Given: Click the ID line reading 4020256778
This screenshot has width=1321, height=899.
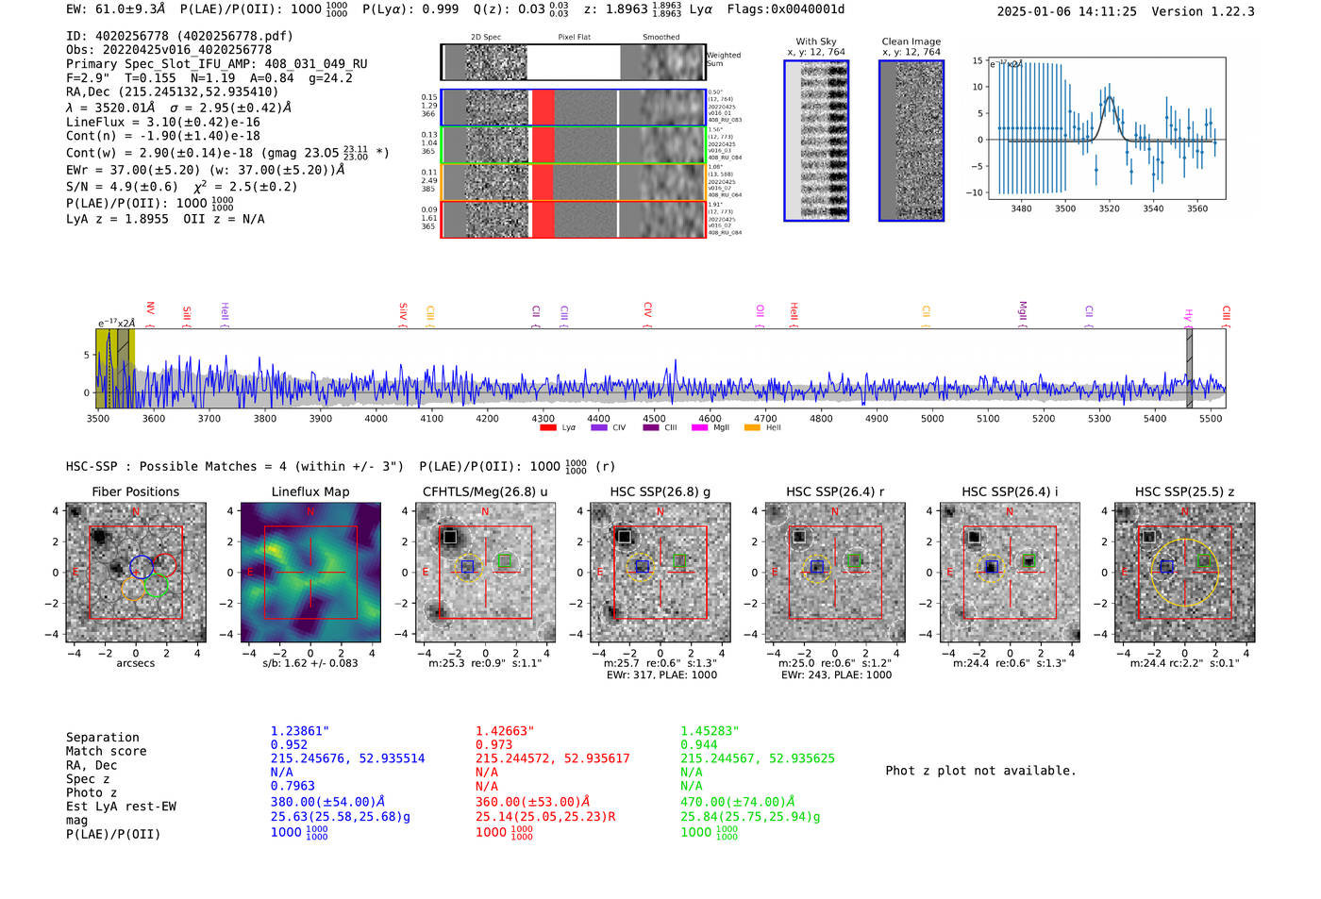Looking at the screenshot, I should [x=179, y=36].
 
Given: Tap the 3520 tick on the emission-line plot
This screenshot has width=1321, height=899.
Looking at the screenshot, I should [x=1109, y=208].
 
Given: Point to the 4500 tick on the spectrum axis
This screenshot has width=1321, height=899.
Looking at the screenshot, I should [x=654, y=418].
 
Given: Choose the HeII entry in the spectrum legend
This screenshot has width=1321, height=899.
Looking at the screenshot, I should [x=773, y=427].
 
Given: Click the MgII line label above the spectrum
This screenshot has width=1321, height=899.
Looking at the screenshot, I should [x=1022, y=310].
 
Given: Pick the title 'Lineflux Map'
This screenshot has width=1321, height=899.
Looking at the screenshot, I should [x=309, y=491].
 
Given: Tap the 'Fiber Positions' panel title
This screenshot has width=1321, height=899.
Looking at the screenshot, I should [x=135, y=491].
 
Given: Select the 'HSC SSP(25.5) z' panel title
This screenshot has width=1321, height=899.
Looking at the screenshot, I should [x=1184, y=491].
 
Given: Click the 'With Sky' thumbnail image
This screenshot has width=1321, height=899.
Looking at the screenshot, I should [x=816, y=141].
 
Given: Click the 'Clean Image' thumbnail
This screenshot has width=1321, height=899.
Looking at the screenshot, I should [x=911, y=141].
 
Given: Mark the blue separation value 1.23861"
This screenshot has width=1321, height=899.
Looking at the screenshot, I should [x=300, y=731].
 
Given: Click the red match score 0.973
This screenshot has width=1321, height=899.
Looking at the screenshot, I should [x=493, y=744].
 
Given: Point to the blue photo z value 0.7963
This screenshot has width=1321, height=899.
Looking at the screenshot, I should [x=293, y=785].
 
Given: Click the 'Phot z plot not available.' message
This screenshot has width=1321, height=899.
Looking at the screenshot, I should [x=980, y=771].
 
